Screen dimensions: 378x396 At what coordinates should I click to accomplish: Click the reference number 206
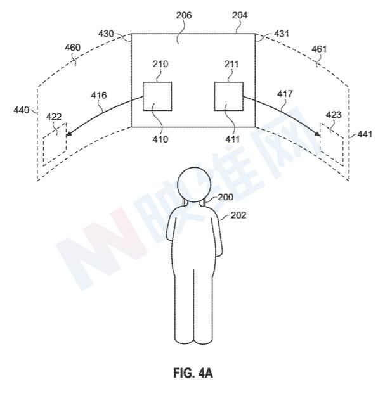[184, 15]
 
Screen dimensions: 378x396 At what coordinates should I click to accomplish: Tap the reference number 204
[240, 15]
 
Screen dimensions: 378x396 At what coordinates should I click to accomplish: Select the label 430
[106, 34]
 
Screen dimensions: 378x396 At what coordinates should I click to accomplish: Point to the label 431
[281, 34]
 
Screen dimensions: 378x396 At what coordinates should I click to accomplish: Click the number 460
[72, 48]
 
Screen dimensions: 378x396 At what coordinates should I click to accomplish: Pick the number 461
[319, 49]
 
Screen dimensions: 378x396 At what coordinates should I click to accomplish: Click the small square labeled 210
[157, 96]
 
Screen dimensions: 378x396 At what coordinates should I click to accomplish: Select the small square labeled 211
[229, 96]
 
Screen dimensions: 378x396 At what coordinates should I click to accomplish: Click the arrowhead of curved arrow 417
[317, 133]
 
